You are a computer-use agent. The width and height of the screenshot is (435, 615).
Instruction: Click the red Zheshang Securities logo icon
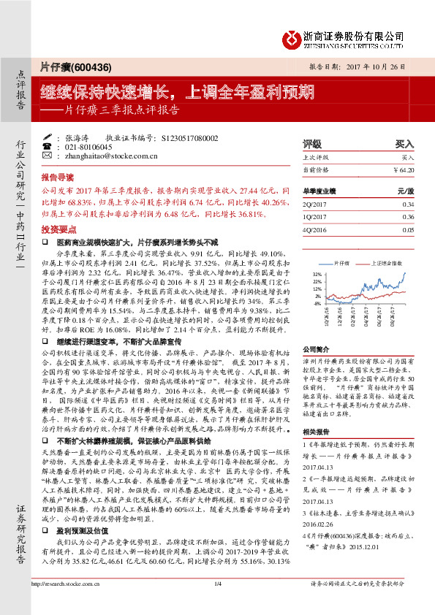click(x=292, y=37)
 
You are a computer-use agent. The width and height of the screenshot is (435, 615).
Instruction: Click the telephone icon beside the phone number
click(x=48, y=146)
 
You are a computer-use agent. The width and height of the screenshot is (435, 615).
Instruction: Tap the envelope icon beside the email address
click(x=48, y=156)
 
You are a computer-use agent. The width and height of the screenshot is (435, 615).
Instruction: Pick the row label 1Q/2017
click(x=314, y=217)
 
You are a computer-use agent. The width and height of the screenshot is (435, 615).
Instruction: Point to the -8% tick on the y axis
click(x=317, y=303)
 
